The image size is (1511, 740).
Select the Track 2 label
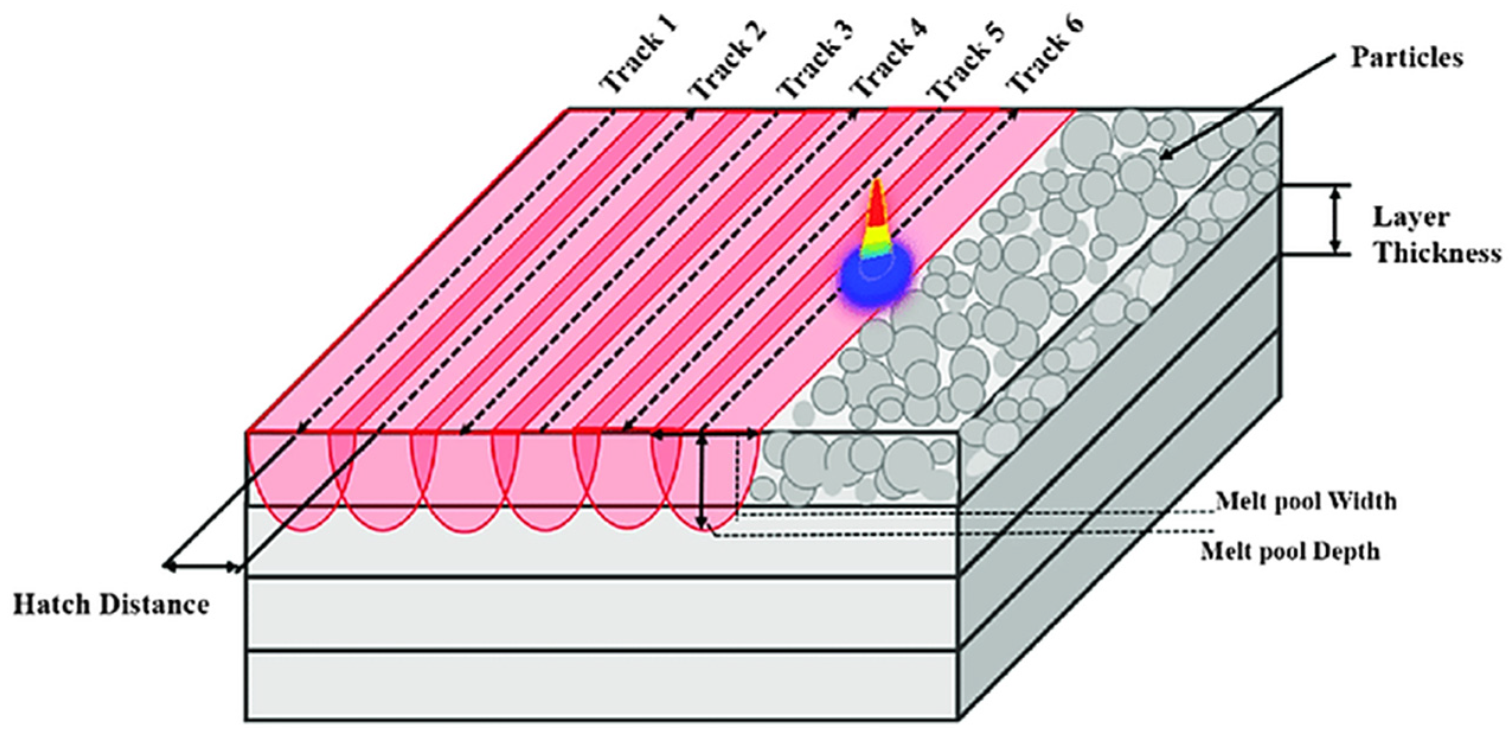tap(728, 57)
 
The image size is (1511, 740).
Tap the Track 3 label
tap(816, 56)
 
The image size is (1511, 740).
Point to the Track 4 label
tap(888, 56)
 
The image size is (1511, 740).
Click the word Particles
tap(1406, 58)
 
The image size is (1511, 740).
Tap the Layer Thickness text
tap(1437, 235)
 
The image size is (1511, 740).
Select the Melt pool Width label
tap(1306, 502)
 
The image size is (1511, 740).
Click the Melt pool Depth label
tap(1290, 552)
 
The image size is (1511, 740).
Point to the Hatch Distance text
tap(111, 606)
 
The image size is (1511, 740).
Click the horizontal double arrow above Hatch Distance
tap(201, 567)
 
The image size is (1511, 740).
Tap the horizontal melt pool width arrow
tap(705, 435)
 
